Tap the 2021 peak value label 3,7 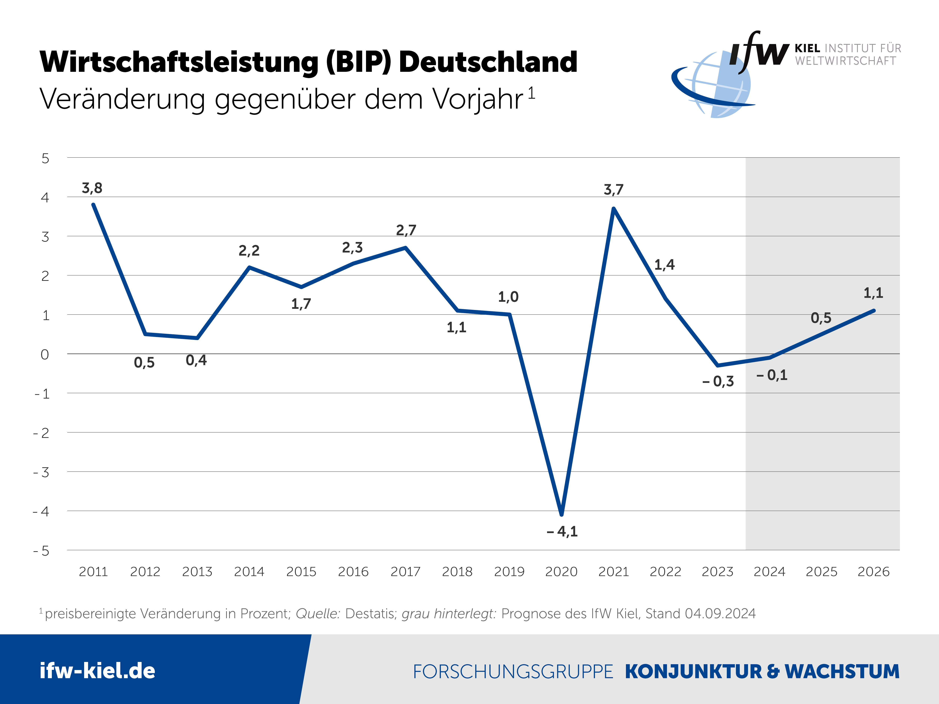pyautogui.click(x=614, y=190)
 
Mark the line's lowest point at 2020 pyautogui.click(x=562, y=514)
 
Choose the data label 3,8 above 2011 pyautogui.click(x=92, y=188)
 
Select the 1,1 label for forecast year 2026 pyautogui.click(x=873, y=293)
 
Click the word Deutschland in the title pyautogui.click(x=488, y=62)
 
